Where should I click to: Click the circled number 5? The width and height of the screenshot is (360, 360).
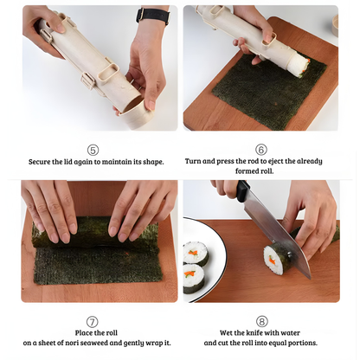click(93, 149)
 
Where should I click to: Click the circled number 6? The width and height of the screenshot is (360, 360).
click(261, 149)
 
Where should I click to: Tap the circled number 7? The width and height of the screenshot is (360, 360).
click(93, 321)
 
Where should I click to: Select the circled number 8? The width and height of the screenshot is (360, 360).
click(261, 321)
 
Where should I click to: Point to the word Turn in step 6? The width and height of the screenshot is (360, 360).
click(195, 161)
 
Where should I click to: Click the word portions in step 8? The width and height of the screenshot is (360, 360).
click(305, 343)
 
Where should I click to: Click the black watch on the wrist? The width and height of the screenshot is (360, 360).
click(153, 16)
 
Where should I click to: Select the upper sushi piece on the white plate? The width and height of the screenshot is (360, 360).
click(196, 253)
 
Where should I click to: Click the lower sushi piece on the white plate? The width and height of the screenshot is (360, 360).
click(194, 279)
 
